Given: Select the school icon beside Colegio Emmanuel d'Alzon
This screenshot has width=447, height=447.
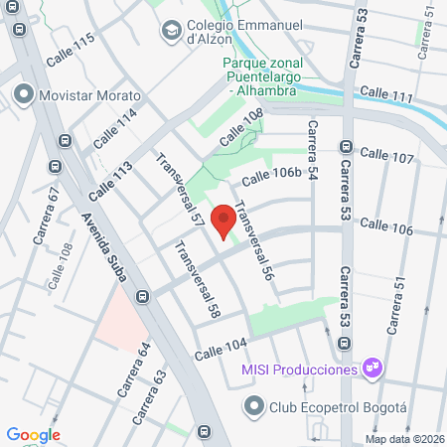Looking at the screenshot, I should [x=170, y=30].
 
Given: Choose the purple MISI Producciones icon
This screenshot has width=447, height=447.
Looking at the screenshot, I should [x=372, y=370].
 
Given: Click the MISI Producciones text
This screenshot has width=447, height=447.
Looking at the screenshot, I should [x=299, y=370].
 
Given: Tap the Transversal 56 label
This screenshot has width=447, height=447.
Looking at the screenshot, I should [x=253, y=248].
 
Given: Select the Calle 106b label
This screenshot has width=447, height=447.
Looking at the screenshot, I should [x=270, y=177].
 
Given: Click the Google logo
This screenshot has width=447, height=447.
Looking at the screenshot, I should [x=33, y=434].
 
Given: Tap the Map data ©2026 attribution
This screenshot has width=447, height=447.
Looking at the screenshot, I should [x=403, y=439].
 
